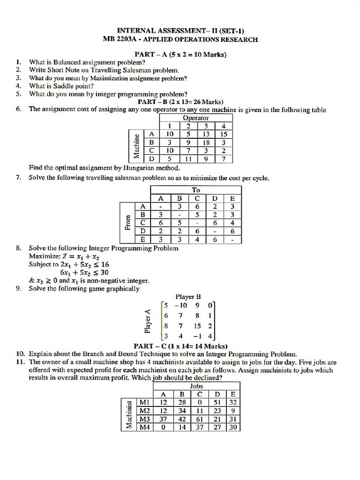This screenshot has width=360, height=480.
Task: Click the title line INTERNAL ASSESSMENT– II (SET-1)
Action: point(180,30)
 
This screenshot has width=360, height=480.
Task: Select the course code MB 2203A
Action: point(118,39)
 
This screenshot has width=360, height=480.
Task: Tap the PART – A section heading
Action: point(180,54)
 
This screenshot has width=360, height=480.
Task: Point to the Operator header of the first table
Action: point(195,118)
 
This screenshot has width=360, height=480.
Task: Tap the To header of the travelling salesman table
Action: point(195,190)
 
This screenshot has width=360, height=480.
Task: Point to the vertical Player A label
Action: point(148,321)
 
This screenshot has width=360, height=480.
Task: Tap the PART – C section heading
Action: point(180,346)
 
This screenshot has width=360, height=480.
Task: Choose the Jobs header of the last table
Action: point(196,386)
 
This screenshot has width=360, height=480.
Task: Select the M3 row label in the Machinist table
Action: point(144,419)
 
